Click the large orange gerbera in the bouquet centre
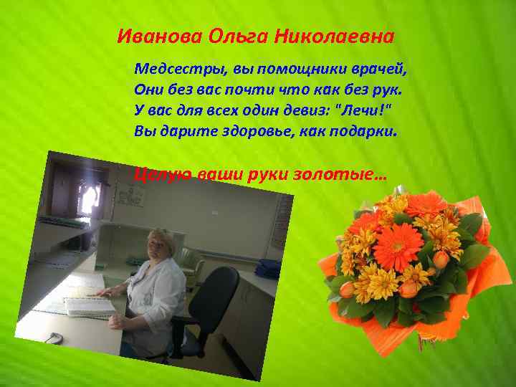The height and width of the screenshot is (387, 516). [398, 247]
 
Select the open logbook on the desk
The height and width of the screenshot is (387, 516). [88, 305]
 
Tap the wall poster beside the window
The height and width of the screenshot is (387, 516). [128, 192]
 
